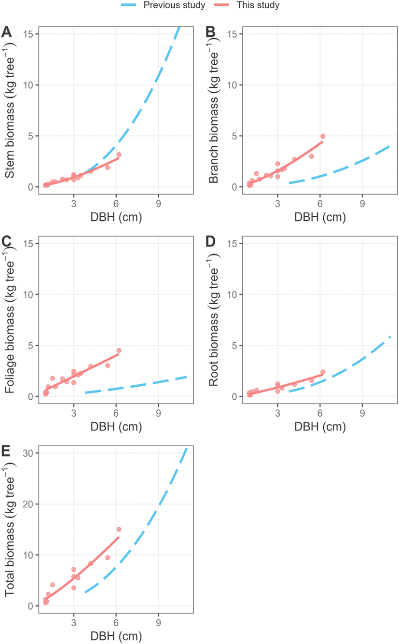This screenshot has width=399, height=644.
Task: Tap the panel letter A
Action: click(x=6, y=33)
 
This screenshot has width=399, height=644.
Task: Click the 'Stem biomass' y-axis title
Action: click(x=10, y=109)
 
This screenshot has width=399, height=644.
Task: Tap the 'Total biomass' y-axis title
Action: click(x=10, y=528)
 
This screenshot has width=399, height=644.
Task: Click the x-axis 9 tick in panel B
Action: click(x=362, y=203)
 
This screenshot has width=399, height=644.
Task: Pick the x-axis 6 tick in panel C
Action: click(x=116, y=412)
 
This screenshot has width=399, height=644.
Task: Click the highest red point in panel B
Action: click(x=323, y=136)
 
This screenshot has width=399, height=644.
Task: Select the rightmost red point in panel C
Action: click(x=119, y=350)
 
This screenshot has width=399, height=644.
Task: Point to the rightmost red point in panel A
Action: click(x=119, y=154)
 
